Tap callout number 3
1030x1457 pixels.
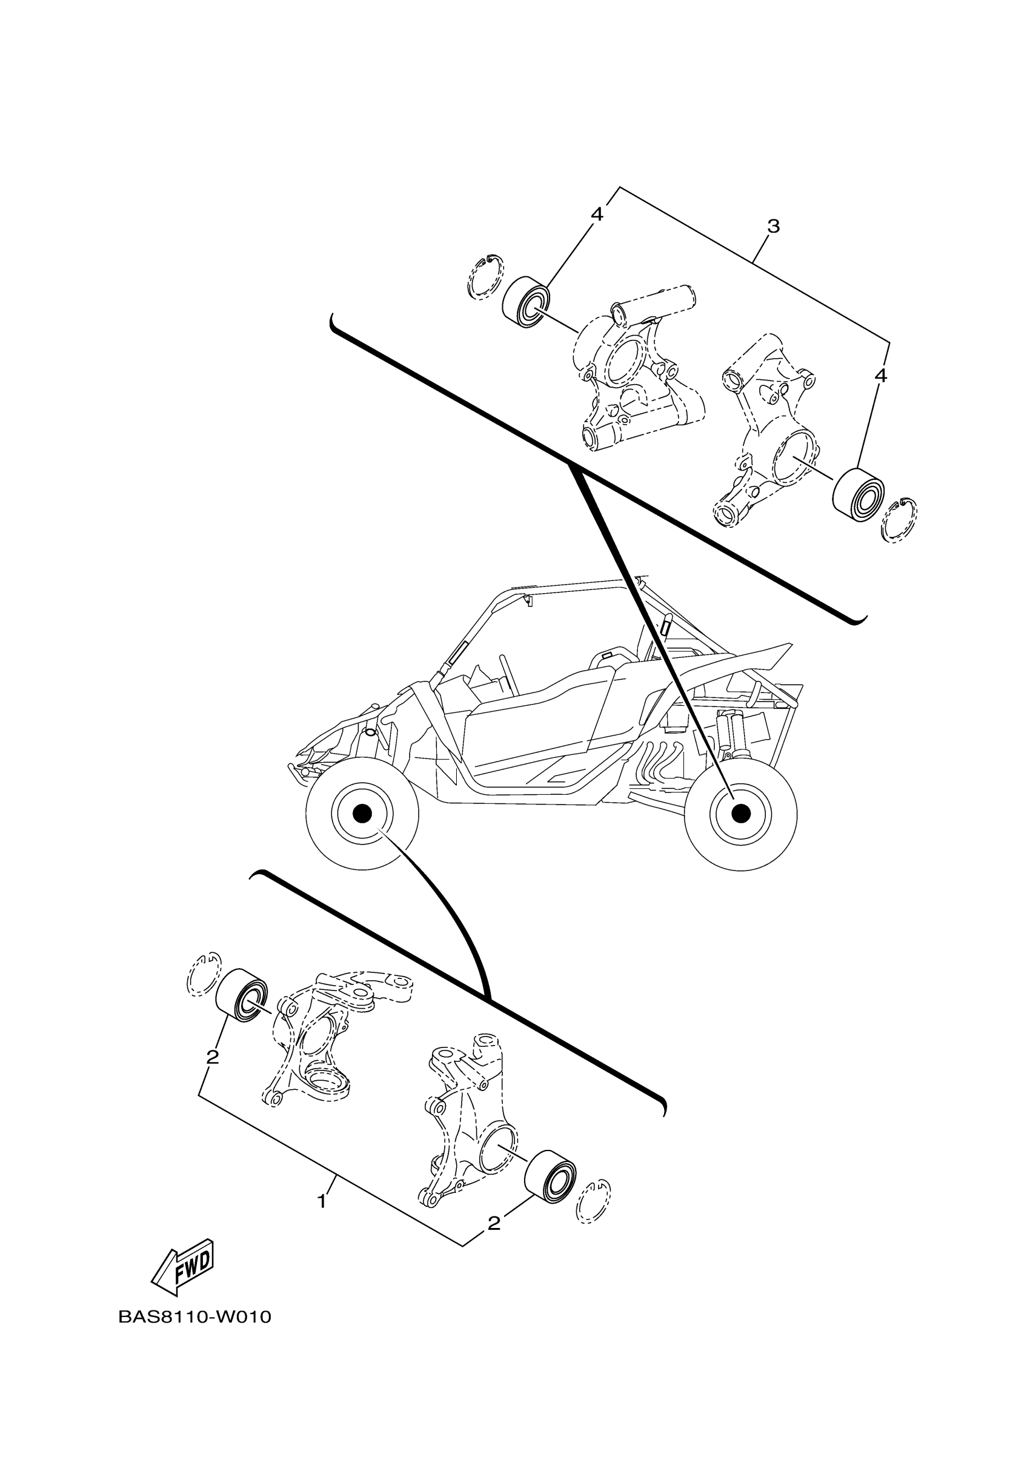pyautogui.click(x=773, y=226)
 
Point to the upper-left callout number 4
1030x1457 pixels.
pyautogui.click(x=597, y=214)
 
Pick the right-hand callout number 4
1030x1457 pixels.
pyautogui.click(x=880, y=376)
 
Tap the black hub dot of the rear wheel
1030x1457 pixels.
pyautogui.click(x=740, y=813)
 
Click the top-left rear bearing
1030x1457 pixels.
pyautogui.click(x=526, y=302)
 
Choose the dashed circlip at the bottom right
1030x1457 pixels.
pyautogui.click(x=593, y=1201)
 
